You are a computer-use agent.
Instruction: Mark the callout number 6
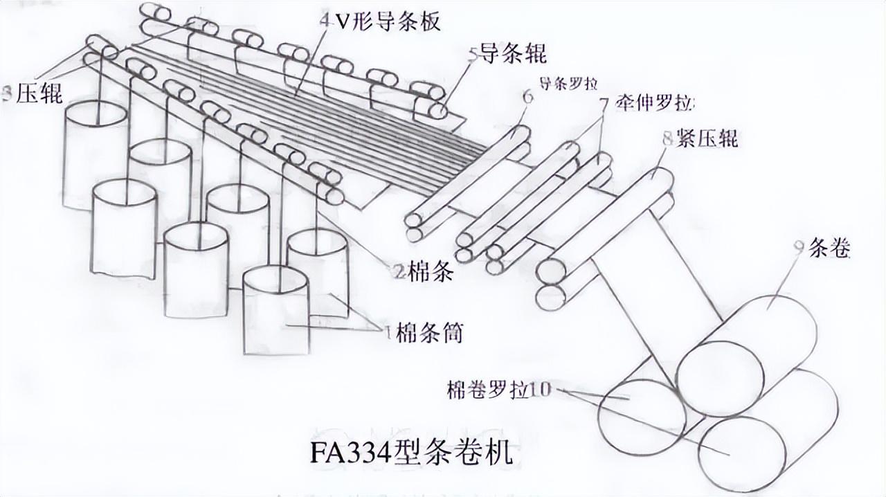click(x=527, y=98)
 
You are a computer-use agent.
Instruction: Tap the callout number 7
click(x=604, y=105)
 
